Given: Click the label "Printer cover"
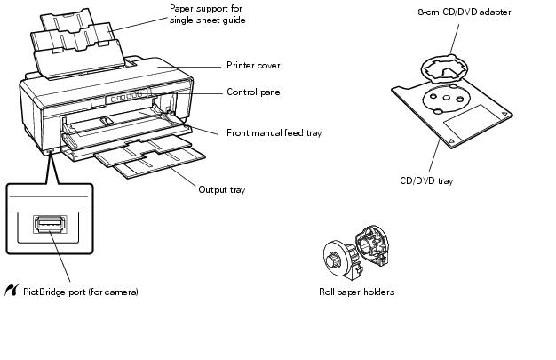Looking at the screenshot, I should (253, 66).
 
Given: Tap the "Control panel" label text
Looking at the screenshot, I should (256, 92).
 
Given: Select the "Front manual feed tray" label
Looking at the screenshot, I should (274, 133).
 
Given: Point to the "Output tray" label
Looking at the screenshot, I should (222, 189).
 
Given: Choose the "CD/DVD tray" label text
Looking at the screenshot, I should (426, 181).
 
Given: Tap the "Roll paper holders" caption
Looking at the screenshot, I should (356, 292).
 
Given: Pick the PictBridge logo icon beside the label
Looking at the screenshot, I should (12, 291).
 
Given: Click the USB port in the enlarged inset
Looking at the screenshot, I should (49, 225).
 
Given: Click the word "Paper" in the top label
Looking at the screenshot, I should (182, 8).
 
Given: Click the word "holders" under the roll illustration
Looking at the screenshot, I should (377, 292).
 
